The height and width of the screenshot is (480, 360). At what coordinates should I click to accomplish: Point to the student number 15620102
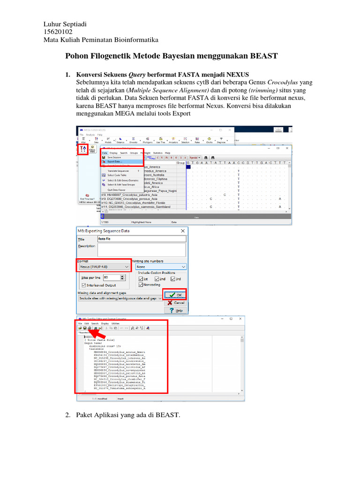pyautogui.click(x=57, y=32)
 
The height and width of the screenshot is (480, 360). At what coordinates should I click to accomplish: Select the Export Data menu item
pyautogui.click(x=115, y=162)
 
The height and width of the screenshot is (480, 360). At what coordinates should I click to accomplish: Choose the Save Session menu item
pyautogui.click(x=115, y=157)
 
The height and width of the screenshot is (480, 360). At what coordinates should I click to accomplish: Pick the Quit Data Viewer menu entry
pyautogui.click(x=117, y=189)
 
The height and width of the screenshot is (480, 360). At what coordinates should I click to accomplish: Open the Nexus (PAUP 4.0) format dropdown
pyautogui.click(x=104, y=266)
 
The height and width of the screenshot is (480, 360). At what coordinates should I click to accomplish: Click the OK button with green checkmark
pyautogui.click(x=175, y=294)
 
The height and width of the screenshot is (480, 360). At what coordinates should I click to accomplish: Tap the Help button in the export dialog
pyautogui.click(x=175, y=310)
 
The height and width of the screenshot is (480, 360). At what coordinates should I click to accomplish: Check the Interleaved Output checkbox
pyautogui.click(x=84, y=285)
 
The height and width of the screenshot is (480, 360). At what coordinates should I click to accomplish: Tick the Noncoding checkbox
pyautogui.click(x=141, y=285)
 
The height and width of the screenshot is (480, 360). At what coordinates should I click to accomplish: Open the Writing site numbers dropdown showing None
pyautogui.click(x=161, y=266)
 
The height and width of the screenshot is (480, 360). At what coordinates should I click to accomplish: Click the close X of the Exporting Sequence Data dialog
pyautogui.click(x=182, y=231)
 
